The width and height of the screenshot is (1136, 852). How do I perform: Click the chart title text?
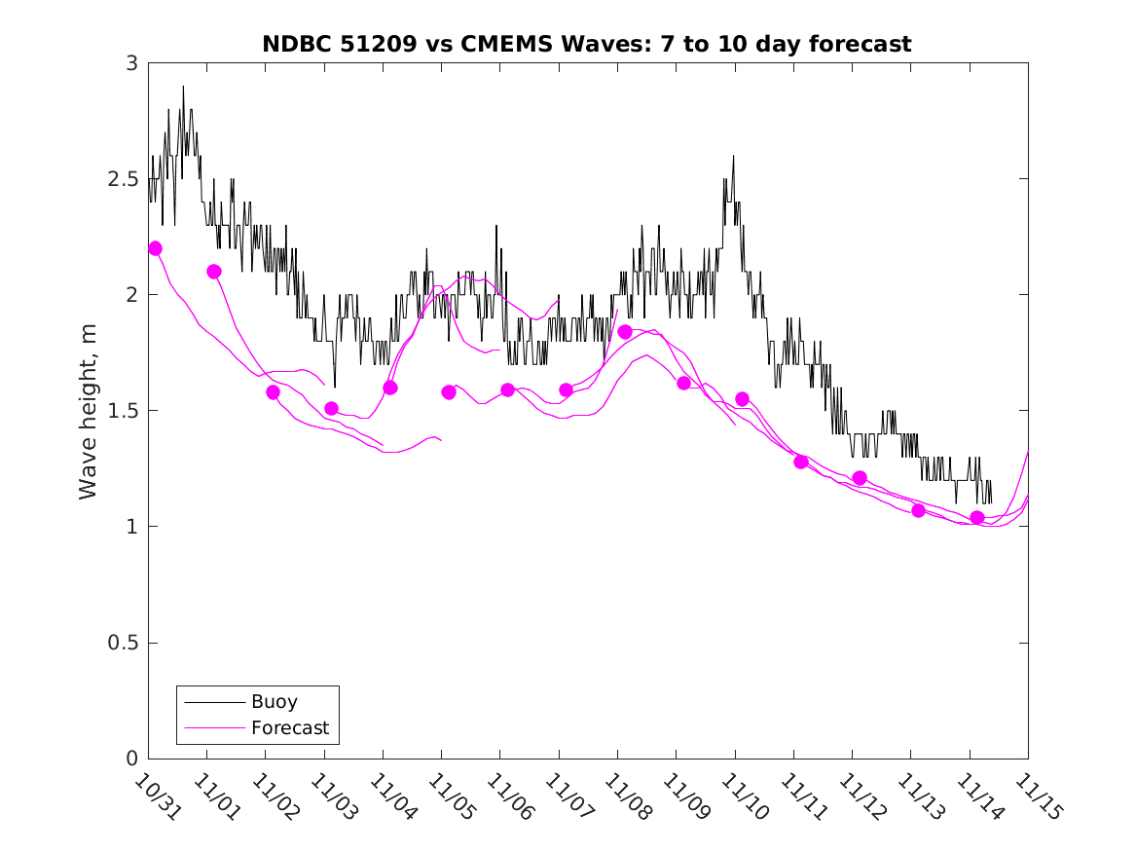[587, 44]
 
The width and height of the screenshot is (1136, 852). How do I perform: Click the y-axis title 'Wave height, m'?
[89, 411]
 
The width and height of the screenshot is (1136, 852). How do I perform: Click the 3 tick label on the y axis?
[131, 63]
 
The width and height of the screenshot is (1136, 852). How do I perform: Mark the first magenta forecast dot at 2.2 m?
[155, 248]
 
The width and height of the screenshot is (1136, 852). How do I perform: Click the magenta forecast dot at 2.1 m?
[214, 272]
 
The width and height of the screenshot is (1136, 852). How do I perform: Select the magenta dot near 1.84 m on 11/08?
[625, 332]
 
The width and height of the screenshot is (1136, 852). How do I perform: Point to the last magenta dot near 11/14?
[977, 517]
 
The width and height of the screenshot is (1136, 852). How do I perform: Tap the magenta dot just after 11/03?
[331, 409]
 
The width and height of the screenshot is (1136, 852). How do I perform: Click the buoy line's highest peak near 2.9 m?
[183, 87]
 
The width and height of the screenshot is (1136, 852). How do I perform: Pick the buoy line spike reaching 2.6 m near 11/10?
[733, 156]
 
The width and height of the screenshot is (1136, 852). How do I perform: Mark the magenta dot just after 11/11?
[801, 462]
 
